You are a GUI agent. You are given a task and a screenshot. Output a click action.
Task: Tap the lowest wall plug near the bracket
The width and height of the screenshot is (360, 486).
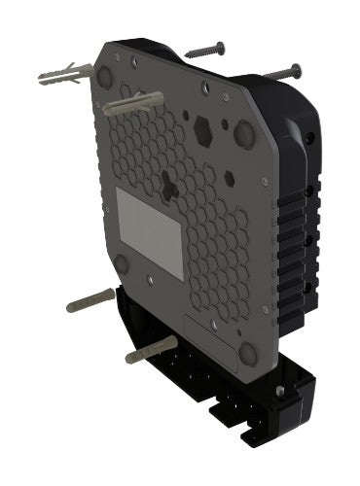[x=151, y=349]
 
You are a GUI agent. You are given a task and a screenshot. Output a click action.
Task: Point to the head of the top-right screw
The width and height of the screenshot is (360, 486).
[x=295, y=67]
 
